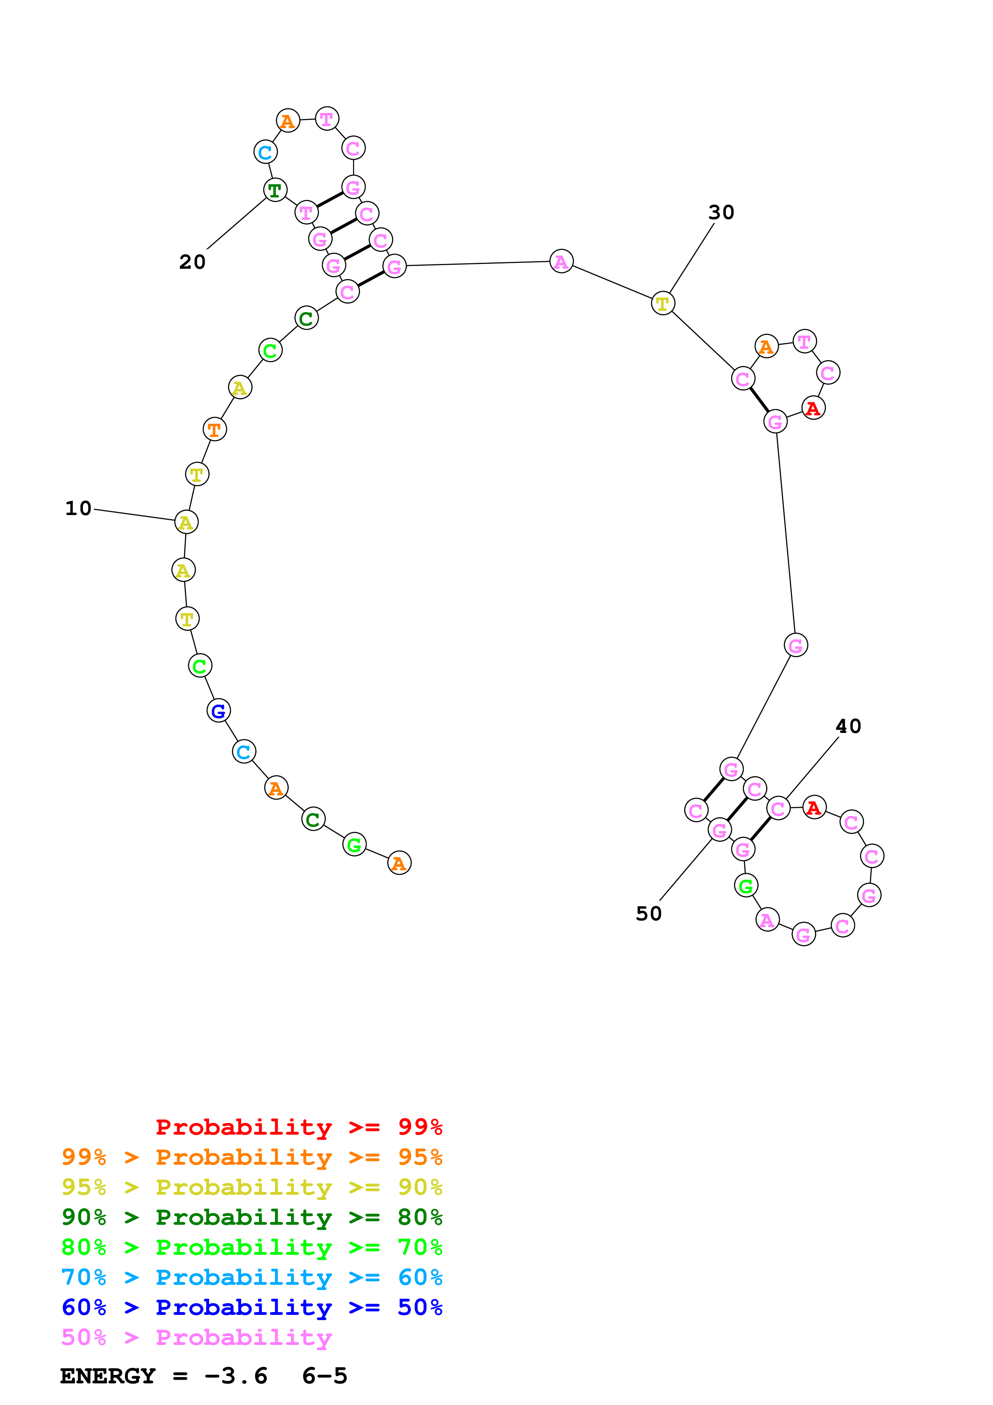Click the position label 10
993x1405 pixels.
click(79, 508)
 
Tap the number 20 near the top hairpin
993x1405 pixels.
click(192, 262)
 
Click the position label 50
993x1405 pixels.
click(649, 914)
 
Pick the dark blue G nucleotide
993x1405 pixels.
click(218, 711)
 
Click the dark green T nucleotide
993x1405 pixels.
click(275, 190)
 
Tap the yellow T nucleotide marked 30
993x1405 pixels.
click(663, 304)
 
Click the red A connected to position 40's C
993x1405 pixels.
click(814, 808)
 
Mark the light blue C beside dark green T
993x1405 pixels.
click(265, 152)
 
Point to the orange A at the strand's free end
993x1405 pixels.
click(399, 864)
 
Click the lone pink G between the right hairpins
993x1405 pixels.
click(796, 645)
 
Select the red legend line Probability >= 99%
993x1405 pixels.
click(298, 1127)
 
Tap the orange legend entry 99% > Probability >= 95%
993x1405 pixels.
click(252, 1157)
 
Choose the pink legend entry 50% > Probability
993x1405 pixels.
click(196, 1338)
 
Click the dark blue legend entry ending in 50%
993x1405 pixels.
click(252, 1307)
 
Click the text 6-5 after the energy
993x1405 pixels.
click(324, 1376)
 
